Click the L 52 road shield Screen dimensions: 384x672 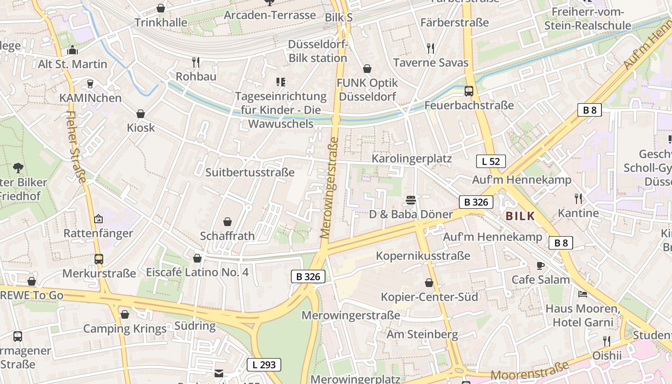click(491, 161)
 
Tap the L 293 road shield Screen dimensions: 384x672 click(264, 365)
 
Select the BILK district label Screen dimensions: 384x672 click(520, 216)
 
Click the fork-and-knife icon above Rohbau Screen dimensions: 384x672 click(195, 62)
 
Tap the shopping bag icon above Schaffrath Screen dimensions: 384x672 click(228, 222)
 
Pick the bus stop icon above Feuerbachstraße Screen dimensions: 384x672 click(469, 91)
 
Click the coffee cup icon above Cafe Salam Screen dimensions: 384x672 click(540, 265)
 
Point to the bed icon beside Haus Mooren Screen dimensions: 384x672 click(583, 294)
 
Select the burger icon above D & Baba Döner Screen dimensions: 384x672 click(410, 200)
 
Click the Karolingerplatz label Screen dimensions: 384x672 click(412, 158)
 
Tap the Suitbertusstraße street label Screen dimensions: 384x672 click(250, 172)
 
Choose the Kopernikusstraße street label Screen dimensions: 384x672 click(423, 256)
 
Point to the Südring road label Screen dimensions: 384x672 click(195, 326)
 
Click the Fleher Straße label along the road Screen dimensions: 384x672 click(77, 147)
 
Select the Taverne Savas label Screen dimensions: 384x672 click(431, 62)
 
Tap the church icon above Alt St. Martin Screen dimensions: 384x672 click(72, 49)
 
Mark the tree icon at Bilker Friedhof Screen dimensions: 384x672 click(18, 168)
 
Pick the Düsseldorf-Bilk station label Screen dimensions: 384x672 click(317, 51)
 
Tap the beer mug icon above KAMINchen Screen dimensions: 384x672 click(90, 84)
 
